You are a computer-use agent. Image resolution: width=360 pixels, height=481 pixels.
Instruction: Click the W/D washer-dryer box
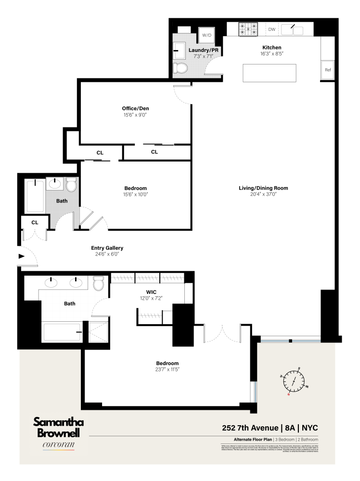pos(206,35)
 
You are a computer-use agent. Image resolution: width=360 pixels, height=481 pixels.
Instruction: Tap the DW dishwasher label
pos(272,29)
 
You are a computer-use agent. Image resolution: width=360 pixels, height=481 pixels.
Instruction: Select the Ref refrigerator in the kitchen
pos(328,70)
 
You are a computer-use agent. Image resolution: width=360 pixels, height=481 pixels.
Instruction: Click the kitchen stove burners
pos(248,29)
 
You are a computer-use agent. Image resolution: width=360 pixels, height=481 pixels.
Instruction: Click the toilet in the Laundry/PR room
pos(180,67)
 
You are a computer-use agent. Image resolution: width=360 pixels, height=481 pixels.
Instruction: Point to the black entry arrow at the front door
pos(21,256)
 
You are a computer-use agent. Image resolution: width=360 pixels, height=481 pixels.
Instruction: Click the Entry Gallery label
pos(107,248)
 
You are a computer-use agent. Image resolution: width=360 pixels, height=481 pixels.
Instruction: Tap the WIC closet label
pos(151,292)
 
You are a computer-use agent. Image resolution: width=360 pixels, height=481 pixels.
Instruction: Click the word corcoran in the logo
pos(58,445)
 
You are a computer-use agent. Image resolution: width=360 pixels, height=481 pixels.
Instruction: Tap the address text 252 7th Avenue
pos(249,428)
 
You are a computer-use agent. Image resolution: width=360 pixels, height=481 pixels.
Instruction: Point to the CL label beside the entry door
pos(35,223)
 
